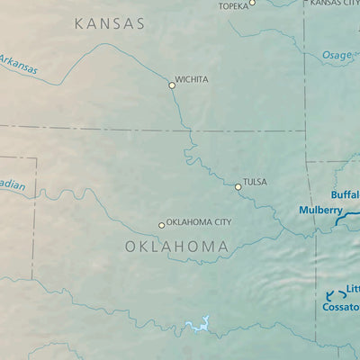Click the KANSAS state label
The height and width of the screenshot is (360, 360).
click(x=109, y=24)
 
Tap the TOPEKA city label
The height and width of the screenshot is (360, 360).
click(x=232, y=6)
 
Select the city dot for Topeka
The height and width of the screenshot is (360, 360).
click(x=252, y=3)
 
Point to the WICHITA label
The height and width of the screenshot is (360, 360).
click(x=192, y=79)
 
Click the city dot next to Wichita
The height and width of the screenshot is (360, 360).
click(x=172, y=85)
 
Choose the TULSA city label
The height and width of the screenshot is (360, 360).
click(x=255, y=182)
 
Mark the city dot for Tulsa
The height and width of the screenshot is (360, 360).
click(x=238, y=187)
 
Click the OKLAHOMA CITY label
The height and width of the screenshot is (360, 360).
click(x=199, y=221)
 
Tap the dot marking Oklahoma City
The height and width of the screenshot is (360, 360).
click(x=162, y=225)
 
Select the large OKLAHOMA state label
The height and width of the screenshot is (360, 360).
click(x=175, y=246)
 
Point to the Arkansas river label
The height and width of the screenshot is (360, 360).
click(x=18, y=64)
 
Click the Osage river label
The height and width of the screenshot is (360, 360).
click(x=337, y=55)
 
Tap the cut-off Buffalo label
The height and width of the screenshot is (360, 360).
click(x=345, y=194)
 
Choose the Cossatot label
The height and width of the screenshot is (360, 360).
click(x=341, y=307)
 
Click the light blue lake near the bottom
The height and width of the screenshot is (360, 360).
click(x=197, y=325)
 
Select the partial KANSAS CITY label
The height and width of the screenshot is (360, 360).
click(x=334, y=4)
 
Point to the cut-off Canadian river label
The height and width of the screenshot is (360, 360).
click(x=12, y=185)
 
